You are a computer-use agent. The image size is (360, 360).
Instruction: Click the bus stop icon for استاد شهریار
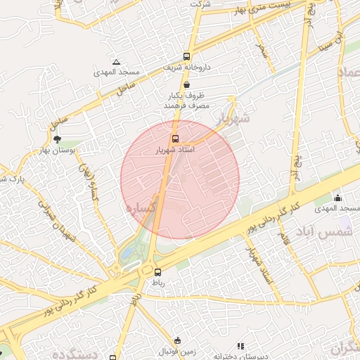[x=175, y=139]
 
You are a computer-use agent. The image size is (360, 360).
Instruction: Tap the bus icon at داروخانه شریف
[x=186, y=57]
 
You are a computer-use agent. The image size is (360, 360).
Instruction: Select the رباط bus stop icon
[x=157, y=271]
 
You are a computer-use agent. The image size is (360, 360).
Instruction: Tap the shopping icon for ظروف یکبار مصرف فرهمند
[x=186, y=85]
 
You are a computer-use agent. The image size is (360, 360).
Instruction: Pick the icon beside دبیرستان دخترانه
[x=240, y=347]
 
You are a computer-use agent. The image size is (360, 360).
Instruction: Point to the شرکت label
[x=201, y=5]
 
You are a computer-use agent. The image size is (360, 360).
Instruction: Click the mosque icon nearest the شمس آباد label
[x=337, y=198]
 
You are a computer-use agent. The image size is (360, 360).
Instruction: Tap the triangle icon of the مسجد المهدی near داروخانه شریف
[x=116, y=62]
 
